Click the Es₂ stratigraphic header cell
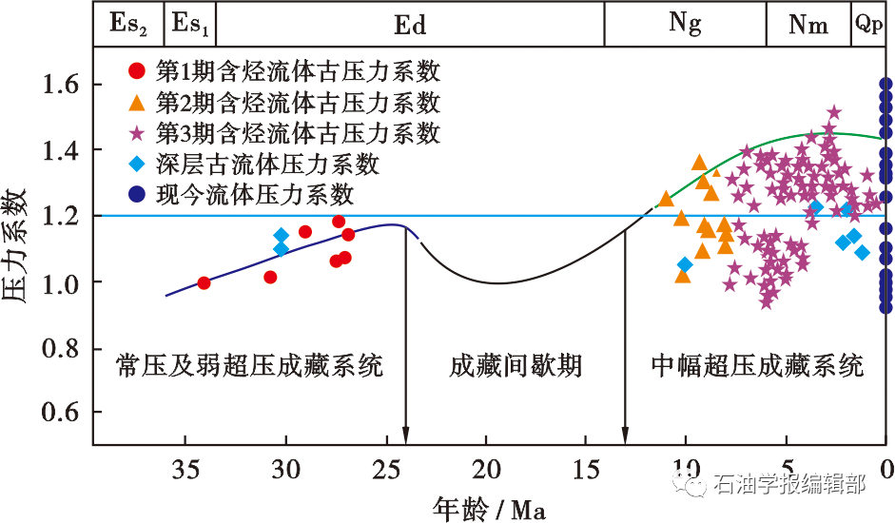coord(128,25)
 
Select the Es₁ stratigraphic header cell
coord(190,25)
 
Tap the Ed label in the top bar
coord(410,25)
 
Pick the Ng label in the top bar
coord(685,25)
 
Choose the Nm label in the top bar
coord(808,25)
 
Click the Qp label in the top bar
coord(867,25)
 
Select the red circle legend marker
coord(138,70)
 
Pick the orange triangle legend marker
coord(138,102)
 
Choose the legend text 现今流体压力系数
coord(255,195)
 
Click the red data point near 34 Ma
coord(204,282)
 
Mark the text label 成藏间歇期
coord(516,366)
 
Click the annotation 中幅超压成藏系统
coord(757,366)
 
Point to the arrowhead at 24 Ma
coord(405,437)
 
